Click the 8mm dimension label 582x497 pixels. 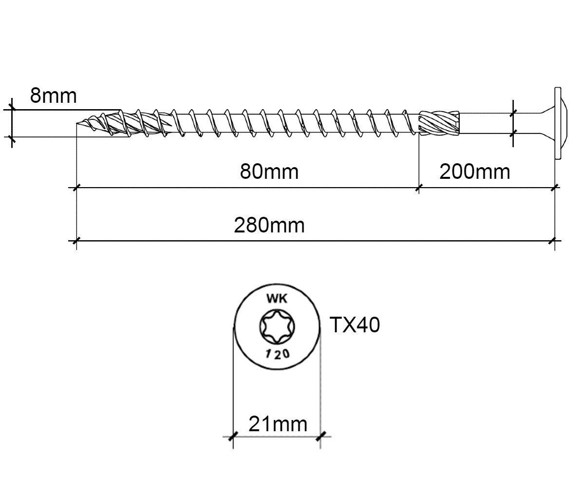pyautogui.click(x=54, y=96)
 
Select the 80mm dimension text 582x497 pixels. pyautogui.click(x=269, y=172)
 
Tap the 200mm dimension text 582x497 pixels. pyautogui.click(x=475, y=172)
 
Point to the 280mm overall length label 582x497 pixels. pyautogui.click(x=269, y=225)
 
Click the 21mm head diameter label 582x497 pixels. pyautogui.click(x=278, y=424)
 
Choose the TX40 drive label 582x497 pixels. pyautogui.click(x=355, y=325)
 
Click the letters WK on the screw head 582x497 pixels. pyautogui.click(x=277, y=298)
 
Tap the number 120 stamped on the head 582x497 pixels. pyautogui.click(x=277, y=353)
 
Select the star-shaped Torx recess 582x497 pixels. pyautogui.click(x=277, y=326)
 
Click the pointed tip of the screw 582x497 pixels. pyautogui.click(x=77, y=123)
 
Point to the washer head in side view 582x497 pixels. pyautogui.click(x=558, y=124)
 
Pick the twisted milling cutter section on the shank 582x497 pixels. pyautogui.click(x=439, y=123)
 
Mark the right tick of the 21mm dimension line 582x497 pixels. pyautogui.click(x=320, y=436)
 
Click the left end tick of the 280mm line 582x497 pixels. pyautogui.click(x=76, y=241)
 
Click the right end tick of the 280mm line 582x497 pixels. pyautogui.click(x=554, y=241)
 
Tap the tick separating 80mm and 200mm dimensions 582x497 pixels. pyautogui.click(x=419, y=188)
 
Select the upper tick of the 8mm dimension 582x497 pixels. pyautogui.click(x=12, y=109)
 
